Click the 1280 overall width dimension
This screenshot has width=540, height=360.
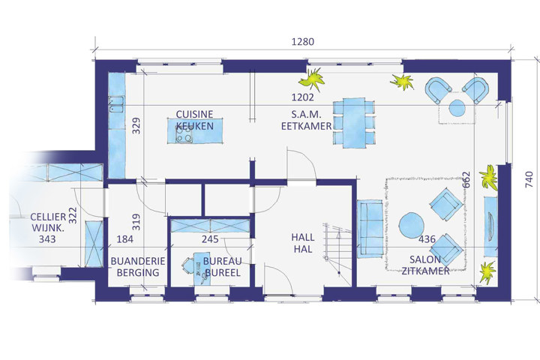[303, 42]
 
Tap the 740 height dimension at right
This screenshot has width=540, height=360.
[529, 180]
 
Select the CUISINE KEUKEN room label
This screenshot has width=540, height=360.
[194, 120]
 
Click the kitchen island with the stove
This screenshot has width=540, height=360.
[195, 131]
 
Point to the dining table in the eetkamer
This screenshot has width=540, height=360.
[354, 123]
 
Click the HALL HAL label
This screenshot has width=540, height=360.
[303, 243]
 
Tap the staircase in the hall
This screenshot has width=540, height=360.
[337, 254]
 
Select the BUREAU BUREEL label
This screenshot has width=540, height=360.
[222, 267]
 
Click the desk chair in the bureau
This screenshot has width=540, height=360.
[188, 265]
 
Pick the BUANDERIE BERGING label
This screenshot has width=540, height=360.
[138, 267]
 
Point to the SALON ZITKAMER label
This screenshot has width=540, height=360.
[425, 265]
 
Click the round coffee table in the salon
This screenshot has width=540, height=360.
[412, 224]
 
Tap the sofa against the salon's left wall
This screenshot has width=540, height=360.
[370, 229]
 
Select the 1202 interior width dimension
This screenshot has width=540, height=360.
[303, 97]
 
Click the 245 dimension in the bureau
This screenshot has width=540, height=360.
[210, 239]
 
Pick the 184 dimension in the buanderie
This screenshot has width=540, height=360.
[125, 239]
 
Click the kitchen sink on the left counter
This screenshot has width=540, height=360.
[116, 104]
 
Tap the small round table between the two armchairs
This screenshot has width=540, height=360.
[457, 107]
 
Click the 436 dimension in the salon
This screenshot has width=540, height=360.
[427, 239]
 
